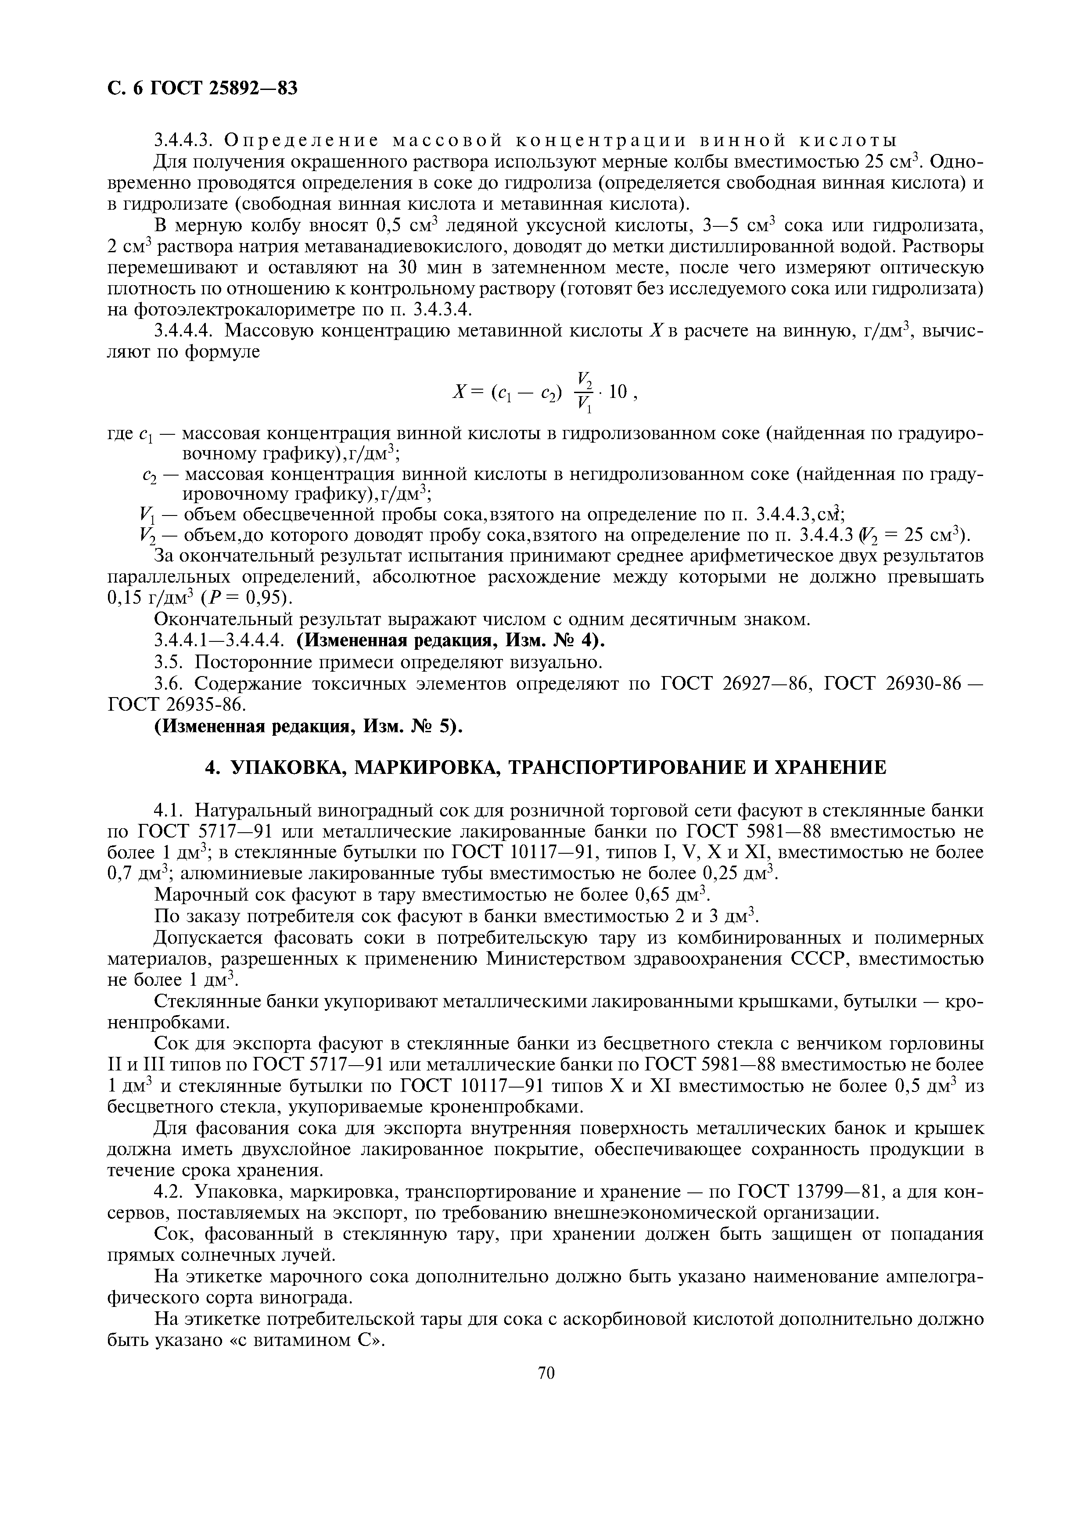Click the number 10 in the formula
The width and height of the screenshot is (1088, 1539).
pyautogui.click(x=618, y=391)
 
